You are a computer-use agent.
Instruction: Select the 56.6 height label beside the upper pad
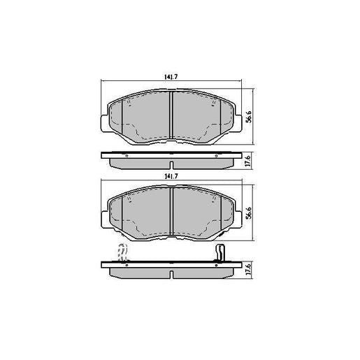(x=248, y=115)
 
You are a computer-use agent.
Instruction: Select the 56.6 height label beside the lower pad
(x=248, y=212)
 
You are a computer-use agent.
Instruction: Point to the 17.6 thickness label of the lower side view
(x=248, y=270)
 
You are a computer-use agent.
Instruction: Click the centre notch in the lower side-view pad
(x=172, y=271)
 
